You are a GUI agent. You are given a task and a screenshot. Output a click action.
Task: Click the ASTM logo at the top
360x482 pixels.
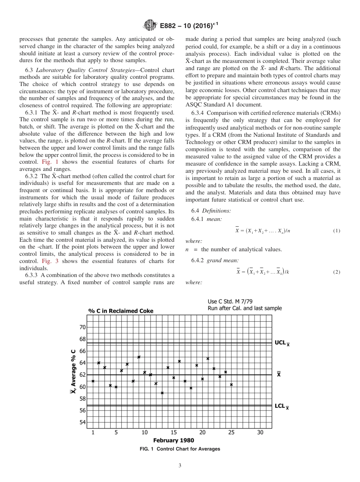coord(150,26)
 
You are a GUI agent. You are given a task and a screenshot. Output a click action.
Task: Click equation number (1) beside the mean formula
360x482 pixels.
coord(337,231)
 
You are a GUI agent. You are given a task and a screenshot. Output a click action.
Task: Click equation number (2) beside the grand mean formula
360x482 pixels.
coord(337,272)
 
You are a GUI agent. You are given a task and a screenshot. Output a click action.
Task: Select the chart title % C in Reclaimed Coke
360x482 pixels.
coord(121,311)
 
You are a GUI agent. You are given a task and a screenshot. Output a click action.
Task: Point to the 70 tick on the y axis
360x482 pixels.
coord(83,327)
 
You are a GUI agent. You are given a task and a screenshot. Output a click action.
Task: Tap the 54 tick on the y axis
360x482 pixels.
coord(83,423)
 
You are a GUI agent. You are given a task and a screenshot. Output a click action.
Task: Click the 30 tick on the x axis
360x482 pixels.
coord(260,432)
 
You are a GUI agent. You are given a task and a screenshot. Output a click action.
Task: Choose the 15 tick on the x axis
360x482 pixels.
coord(174,432)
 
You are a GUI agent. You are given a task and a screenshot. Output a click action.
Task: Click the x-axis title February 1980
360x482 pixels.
coord(174,440)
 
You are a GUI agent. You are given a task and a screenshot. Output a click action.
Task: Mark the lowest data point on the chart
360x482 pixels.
coord(162,393)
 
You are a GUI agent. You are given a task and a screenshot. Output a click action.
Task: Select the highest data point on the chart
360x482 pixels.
coord(139,357)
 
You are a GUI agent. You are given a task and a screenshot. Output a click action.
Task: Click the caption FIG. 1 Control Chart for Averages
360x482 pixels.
coord(180,449)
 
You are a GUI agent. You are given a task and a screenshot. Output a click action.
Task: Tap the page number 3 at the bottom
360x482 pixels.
coord(180,466)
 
